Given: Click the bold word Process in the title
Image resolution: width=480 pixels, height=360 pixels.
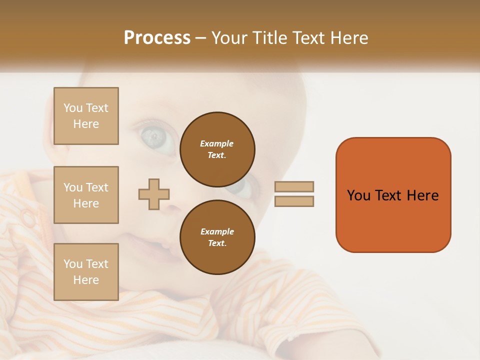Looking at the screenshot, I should tap(157, 38).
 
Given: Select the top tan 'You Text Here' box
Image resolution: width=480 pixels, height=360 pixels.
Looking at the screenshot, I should tap(86, 116).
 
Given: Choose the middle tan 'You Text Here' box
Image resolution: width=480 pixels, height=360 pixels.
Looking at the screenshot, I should tap(86, 195).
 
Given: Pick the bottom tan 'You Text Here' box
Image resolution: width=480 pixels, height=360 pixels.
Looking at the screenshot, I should tap(86, 271).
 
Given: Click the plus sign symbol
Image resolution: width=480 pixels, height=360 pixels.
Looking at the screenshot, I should tap(154, 194).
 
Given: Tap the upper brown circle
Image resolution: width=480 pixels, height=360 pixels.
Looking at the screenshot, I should tap(217, 149).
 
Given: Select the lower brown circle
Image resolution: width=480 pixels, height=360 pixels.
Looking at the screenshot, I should tap(217, 237).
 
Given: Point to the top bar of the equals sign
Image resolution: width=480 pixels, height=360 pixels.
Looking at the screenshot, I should tap(294, 186).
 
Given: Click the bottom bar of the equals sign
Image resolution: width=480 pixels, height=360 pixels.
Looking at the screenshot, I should tap(294, 201).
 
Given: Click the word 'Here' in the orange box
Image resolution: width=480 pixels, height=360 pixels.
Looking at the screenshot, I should tap(422, 195).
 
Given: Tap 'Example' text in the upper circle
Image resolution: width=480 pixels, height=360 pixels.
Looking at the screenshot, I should tap(217, 143).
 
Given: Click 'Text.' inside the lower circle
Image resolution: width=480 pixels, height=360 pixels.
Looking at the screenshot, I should tap(217, 243).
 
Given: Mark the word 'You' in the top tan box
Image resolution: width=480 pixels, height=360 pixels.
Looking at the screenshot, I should tap(73, 108).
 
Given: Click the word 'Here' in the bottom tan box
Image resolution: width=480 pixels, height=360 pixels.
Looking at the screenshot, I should tap(86, 280).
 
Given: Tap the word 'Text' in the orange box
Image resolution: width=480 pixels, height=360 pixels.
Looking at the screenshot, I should tap(388, 195).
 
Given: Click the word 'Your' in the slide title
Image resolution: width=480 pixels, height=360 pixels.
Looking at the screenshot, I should tap(230, 38).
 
